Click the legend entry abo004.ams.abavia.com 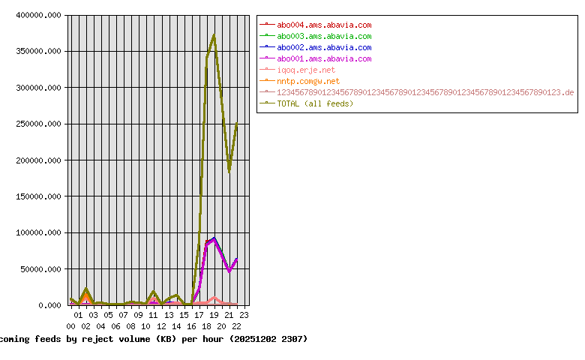point(324,25)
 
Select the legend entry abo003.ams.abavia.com point(324,36)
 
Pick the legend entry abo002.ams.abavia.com point(324,47)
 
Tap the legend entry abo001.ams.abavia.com point(324,58)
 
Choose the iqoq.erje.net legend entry point(306,70)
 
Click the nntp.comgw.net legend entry point(308,81)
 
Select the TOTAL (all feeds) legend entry point(315,103)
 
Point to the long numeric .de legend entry point(425,92)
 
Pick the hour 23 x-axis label point(244,315)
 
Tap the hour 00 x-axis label point(70,326)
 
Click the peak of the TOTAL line point(214,34)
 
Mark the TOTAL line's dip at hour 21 point(229,172)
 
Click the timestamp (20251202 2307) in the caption point(268,339)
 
